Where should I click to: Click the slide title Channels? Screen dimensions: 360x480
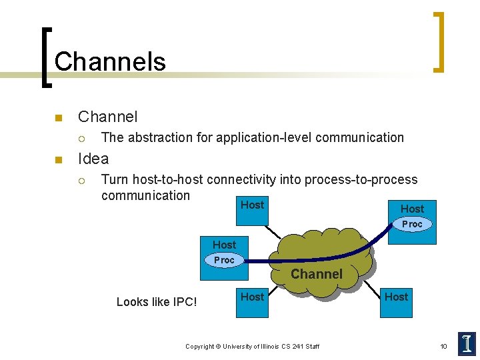[x=110, y=61]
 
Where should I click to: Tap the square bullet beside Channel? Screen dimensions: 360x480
[x=58, y=119]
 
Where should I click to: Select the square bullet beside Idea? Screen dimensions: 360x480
[x=58, y=160]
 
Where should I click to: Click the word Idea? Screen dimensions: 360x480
[x=93, y=159]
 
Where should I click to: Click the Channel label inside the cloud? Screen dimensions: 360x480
[x=317, y=274]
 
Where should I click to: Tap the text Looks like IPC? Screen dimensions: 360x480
[x=157, y=302]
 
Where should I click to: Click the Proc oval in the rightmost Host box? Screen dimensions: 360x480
[x=412, y=224]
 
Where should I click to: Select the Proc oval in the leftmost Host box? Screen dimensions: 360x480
[x=224, y=260]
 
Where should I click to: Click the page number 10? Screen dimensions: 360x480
[x=443, y=346]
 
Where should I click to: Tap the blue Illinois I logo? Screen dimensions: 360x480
[x=467, y=343]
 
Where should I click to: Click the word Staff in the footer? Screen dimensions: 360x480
[x=311, y=347]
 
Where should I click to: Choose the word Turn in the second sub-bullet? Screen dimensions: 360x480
[x=115, y=179]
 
